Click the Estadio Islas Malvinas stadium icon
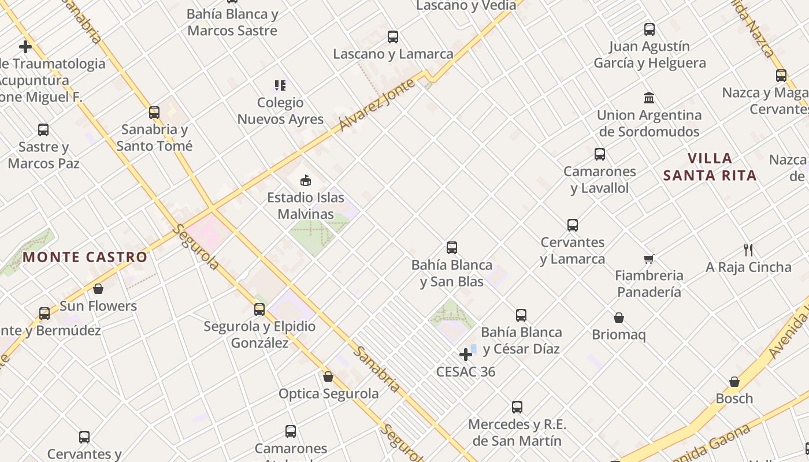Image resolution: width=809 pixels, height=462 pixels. coord(306,180)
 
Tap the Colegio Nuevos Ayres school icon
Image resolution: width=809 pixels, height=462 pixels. coord(280,85)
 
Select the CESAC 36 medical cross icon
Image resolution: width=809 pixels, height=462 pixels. coord(466,354)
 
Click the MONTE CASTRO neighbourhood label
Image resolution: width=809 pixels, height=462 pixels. coord(85,257)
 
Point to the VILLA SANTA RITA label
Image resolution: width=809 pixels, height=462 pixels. coord(710,167)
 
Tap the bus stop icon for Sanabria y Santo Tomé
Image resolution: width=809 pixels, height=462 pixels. coord(154,112)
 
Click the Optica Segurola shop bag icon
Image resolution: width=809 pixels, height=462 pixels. coord(328,377)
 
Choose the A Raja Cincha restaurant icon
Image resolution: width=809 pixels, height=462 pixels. coord(748,250)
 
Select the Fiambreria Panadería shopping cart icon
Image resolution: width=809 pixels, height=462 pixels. coord(649,259)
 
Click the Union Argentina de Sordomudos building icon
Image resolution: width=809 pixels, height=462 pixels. coord(649,98)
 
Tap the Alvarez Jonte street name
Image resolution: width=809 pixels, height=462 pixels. coord(377,105)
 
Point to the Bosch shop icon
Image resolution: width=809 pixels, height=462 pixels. coord(734,382)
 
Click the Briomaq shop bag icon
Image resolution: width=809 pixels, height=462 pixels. coord(618,318)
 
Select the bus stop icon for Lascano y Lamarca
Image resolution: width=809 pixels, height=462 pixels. coord(393,37)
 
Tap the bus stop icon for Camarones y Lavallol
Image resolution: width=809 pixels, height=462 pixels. coord(600,154)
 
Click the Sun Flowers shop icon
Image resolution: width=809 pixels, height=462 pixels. coord(98,289)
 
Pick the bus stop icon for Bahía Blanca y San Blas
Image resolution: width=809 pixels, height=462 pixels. coord(452,248)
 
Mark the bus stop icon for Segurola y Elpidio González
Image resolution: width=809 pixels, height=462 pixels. coord(259,310)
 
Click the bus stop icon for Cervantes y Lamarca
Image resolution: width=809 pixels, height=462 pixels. coord(573,225)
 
